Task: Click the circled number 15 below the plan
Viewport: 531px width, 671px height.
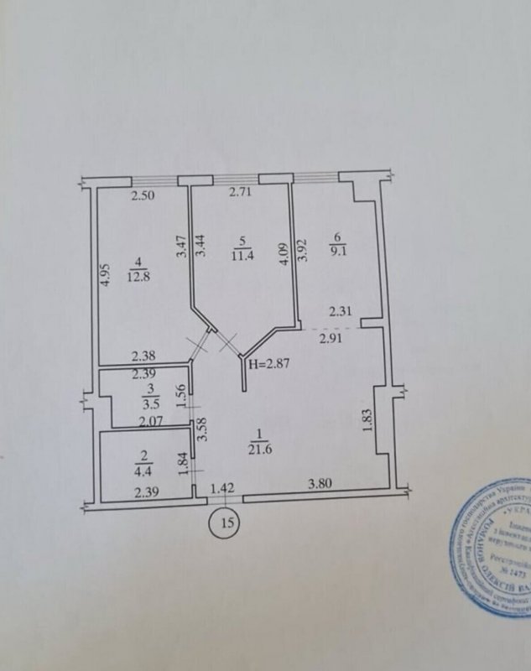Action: pyautogui.click(x=225, y=522)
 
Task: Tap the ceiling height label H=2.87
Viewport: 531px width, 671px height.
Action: pyautogui.click(x=268, y=363)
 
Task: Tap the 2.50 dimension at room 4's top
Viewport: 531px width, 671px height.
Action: pyautogui.click(x=143, y=198)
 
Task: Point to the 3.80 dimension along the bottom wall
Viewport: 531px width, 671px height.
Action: pyautogui.click(x=323, y=485)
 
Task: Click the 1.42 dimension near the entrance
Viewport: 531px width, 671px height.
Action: pyautogui.click(x=221, y=487)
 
